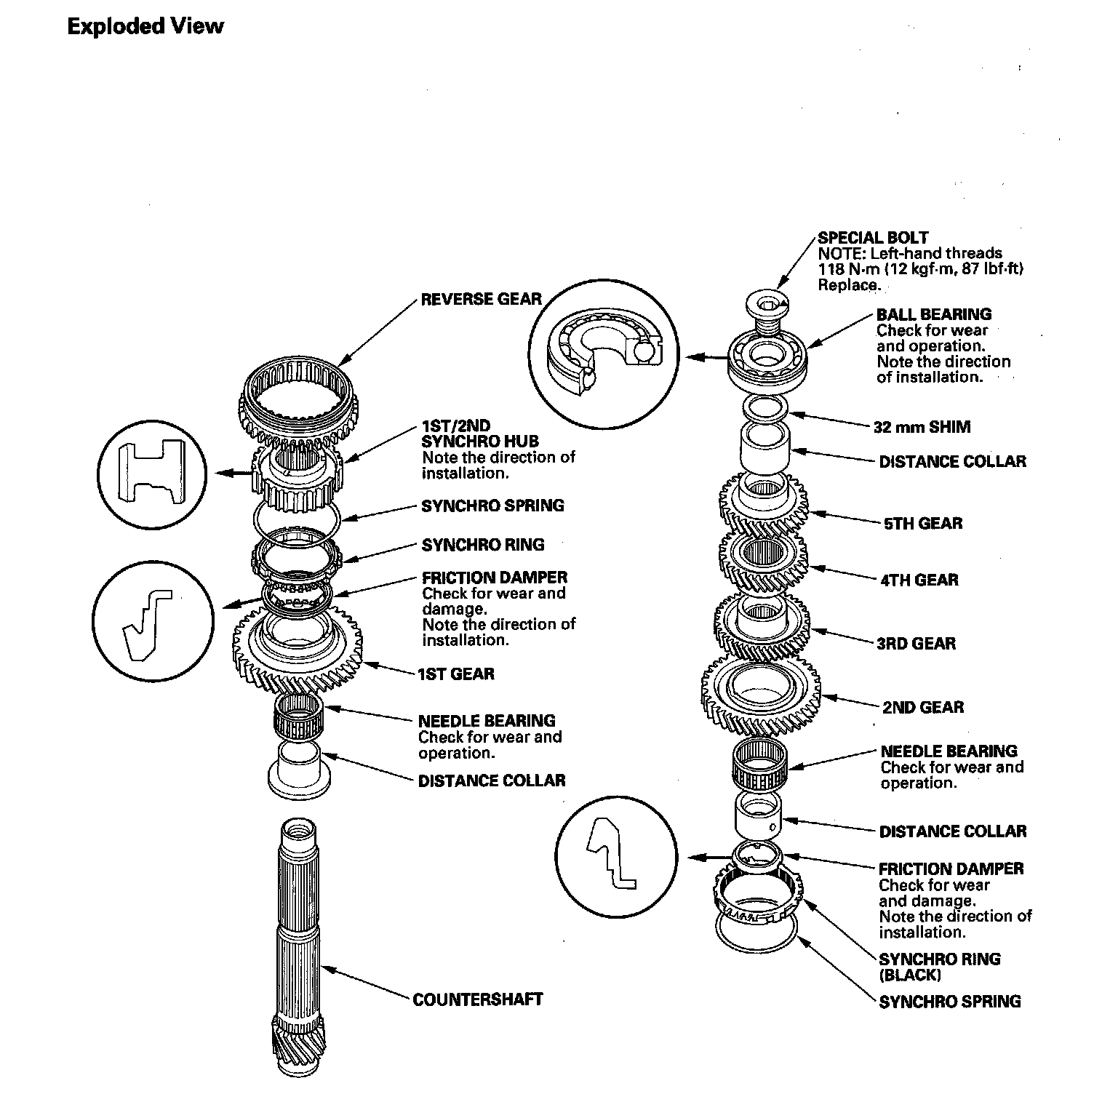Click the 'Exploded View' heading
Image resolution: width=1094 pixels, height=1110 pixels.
[145, 27]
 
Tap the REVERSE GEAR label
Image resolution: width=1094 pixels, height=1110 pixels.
[481, 299]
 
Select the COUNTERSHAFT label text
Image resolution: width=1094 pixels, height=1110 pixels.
[477, 999]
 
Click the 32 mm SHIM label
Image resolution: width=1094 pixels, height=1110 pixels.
[922, 427]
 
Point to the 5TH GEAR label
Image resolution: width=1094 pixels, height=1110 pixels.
[922, 524]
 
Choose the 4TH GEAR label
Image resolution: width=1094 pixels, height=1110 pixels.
[919, 580]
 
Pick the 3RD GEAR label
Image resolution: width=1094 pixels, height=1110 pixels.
[916, 644]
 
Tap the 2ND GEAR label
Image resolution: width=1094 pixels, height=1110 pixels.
[922, 708]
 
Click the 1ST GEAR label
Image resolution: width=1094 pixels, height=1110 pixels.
[455, 674]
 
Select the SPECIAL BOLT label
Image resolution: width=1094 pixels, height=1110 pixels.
[873, 238]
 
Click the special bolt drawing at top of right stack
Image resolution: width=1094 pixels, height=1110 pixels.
[768, 308]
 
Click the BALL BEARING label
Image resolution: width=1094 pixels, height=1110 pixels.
[933, 314]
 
